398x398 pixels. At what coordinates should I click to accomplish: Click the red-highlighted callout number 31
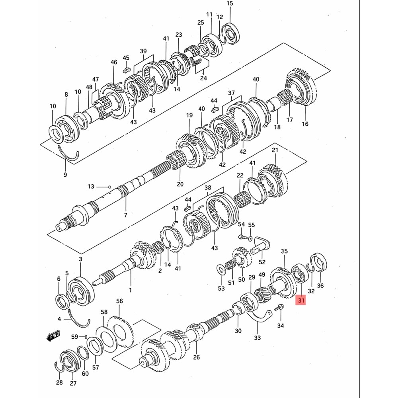(x=301, y=301)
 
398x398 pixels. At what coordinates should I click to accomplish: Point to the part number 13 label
(x=91, y=186)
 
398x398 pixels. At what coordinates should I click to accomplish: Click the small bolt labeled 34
(x=279, y=307)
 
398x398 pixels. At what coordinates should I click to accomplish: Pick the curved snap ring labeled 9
(x=68, y=154)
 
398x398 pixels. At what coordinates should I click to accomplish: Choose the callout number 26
(x=196, y=357)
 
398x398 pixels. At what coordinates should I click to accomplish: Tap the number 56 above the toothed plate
(x=119, y=301)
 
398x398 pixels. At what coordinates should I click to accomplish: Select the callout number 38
(x=208, y=188)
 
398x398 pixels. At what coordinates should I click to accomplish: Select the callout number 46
(x=114, y=62)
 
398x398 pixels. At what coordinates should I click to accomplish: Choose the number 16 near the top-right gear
(x=305, y=124)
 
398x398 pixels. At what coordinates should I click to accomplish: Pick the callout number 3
(x=80, y=259)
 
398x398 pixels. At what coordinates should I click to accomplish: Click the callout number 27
(x=73, y=383)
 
